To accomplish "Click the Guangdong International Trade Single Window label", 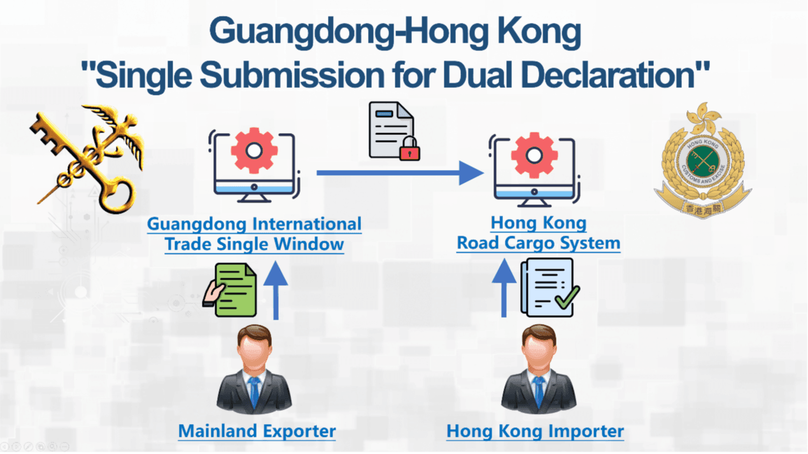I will tap(254, 234).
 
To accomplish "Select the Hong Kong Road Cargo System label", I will tap(538, 233).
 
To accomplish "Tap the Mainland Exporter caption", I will tap(257, 431).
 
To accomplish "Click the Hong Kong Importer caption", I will tap(535, 431).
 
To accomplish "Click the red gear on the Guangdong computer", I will tap(254, 150).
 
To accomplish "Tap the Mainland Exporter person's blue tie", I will tap(255, 389).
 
